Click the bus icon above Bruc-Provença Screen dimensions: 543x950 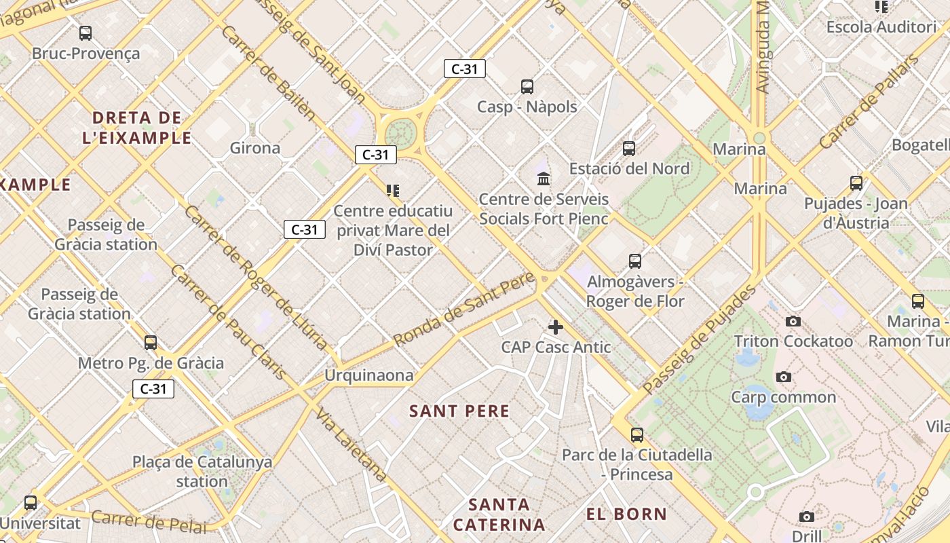click(x=85, y=33)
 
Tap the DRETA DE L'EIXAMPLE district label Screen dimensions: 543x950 click(x=136, y=128)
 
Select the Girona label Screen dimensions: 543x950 click(x=255, y=148)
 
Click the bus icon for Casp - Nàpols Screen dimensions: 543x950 click(x=527, y=86)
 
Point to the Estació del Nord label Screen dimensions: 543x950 click(x=629, y=168)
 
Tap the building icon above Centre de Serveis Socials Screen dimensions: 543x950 click(x=544, y=179)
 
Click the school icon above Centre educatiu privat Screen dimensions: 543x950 click(x=393, y=190)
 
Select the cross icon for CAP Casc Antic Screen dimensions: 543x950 click(x=556, y=327)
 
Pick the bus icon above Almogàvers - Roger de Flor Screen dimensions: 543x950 click(x=635, y=261)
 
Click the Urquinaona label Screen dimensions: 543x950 click(x=368, y=375)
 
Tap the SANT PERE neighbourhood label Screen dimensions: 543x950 click(x=459, y=411)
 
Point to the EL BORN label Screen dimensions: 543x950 click(x=626, y=514)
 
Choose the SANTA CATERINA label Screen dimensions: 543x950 click(x=499, y=514)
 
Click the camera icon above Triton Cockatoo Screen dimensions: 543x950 click(x=793, y=321)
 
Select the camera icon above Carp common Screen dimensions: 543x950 click(x=784, y=377)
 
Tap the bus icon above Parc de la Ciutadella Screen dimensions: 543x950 click(x=636, y=434)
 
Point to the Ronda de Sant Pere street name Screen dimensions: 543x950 click(x=464, y=310)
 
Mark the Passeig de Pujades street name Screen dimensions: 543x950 click(x=700, y=341)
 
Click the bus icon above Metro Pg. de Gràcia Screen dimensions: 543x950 click(x=151, y=342)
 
